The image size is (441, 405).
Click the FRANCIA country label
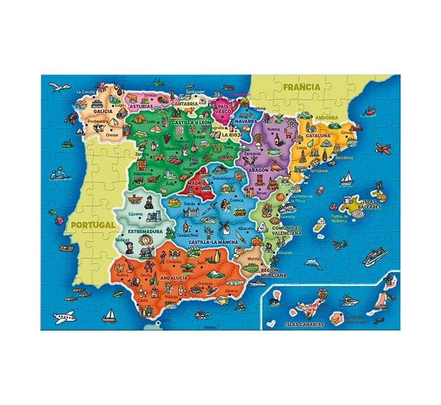click(301, 87)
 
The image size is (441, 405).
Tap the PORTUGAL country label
click(92, 225)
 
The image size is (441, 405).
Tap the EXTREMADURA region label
click(144, 232)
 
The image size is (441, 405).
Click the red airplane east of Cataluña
click(383, 148)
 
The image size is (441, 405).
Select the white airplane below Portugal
click(64, 317)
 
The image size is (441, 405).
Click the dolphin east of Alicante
click(314, 263)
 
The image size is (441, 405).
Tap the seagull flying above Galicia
click(58, 85)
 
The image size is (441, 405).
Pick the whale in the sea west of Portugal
click(58, 175)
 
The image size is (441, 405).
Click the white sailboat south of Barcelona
click(346, 177)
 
